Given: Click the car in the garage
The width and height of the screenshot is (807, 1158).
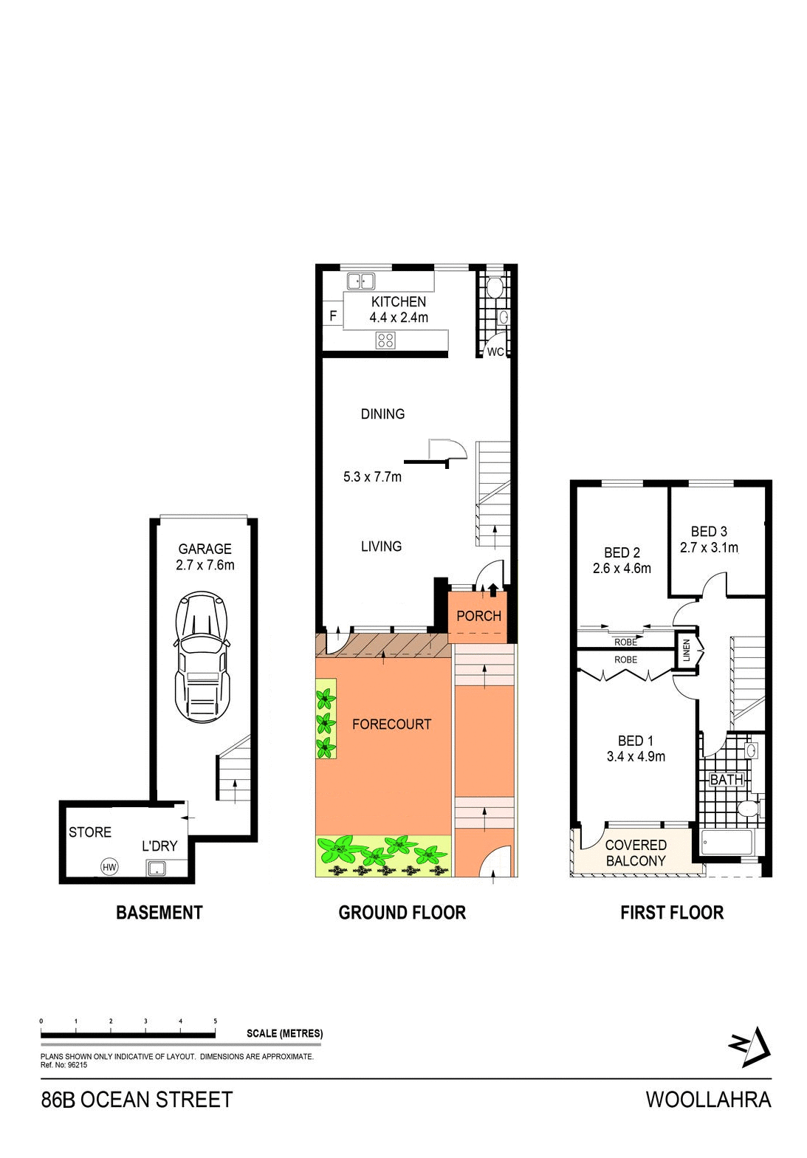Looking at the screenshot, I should [x=202, y=657].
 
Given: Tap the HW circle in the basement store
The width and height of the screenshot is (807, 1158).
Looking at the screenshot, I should [x=109, y=867].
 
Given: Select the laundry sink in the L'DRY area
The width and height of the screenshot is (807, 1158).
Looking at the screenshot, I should [x=157, y=868].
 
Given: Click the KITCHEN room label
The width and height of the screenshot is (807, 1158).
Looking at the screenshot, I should [x=398, y=301].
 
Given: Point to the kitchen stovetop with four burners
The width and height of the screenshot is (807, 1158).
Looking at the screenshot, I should [x=385, y=340].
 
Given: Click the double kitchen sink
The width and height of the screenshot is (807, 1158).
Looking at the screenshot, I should [x=361, y=281].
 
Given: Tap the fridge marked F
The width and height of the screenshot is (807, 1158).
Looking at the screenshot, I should [x=333, y=315].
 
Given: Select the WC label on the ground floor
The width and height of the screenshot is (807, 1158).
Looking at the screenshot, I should [x=495, y=352].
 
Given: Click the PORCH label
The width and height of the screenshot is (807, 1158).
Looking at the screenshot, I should [x=478, y=616].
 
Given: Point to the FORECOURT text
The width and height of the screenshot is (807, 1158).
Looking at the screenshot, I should [x=391, y=724].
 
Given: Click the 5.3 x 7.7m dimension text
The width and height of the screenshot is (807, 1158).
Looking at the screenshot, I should [x=372, y=477].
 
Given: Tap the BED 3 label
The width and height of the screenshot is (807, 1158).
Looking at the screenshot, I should [x=709, y=532].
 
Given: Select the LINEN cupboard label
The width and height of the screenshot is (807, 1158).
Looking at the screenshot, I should [x=687, y=651].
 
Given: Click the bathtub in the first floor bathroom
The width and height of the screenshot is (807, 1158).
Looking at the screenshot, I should [x=727, y=842].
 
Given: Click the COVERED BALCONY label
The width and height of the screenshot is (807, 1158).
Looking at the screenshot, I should [x=636, y=853].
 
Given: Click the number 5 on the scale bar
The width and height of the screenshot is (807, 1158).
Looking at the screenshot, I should [x=215, y=1021].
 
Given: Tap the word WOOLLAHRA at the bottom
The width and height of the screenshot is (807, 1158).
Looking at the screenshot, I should [x=708, y=1100].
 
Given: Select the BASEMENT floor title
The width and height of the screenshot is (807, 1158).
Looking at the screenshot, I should [x=159, y=913].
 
